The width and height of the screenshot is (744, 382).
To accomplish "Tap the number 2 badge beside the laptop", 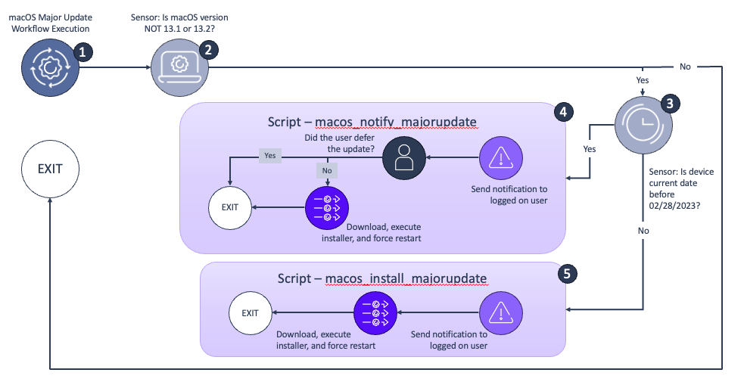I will (208, 50).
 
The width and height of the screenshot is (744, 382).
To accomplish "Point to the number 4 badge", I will (562, 111).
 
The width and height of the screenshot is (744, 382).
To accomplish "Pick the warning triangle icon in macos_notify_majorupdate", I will (500, 158).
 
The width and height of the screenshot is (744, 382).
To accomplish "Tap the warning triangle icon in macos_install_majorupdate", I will (500, 312).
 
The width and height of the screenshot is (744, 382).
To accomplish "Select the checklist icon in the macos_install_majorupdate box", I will (375, 312).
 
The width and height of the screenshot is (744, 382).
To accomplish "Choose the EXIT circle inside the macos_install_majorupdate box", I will (250, 312).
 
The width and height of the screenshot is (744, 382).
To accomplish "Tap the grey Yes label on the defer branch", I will (270, 155).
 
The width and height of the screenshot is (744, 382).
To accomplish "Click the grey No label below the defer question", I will (326, 171).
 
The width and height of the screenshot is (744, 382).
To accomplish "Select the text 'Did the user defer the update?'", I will (339, 143).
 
